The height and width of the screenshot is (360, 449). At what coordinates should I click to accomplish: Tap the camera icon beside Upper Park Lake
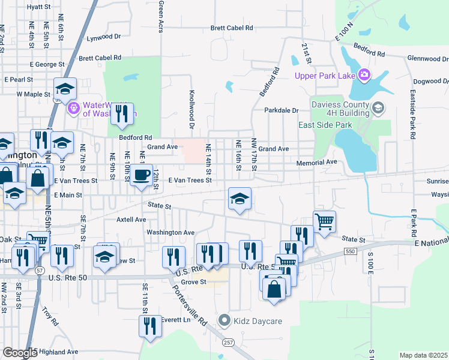click(363, 74)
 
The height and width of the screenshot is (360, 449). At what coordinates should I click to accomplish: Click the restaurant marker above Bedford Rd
click(122, 113)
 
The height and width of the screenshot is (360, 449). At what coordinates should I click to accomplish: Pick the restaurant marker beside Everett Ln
click(149, 327)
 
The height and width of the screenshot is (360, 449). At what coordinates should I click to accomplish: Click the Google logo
click(20, 353)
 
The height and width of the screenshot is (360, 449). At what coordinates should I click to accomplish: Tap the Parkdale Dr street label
click(282, 110)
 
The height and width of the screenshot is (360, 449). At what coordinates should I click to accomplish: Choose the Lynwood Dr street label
click(103, 37)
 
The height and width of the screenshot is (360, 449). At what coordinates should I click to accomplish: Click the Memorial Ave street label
click(316, 163)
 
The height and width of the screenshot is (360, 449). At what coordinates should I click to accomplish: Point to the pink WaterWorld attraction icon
click(73, 108)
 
